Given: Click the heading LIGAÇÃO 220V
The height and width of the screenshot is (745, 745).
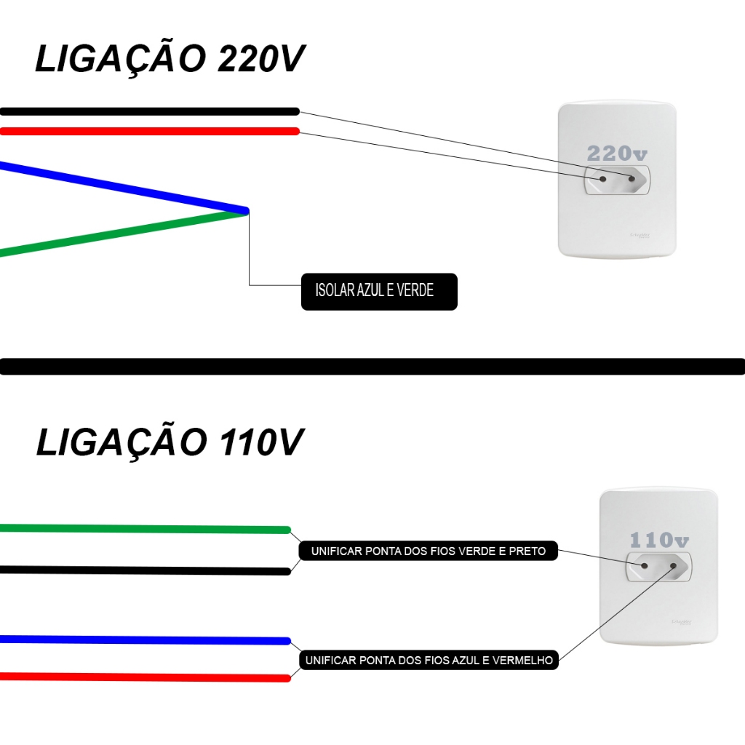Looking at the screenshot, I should tap(169, 60).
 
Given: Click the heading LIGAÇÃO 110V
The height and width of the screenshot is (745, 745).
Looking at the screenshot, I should tap(169, 442).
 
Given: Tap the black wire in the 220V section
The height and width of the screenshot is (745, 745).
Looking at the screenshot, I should tap(146, 111).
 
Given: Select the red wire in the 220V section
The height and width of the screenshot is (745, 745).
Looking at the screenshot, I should tap(146, 131).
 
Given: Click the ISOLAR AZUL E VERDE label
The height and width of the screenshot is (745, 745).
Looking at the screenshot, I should tap(378, 291).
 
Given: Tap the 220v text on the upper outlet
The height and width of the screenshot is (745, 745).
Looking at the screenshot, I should tap(617, 154).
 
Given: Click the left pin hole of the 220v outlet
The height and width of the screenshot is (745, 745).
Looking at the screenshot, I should tap(602, 179).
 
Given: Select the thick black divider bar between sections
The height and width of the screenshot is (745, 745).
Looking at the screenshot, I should tap(372, 366).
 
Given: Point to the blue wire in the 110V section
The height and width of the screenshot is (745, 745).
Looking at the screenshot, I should tap(146, 640).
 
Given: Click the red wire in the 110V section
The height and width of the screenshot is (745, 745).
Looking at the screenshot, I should tap(146, 677).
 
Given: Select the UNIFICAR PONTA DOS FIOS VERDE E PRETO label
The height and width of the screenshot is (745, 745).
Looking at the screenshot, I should tap(428, 551).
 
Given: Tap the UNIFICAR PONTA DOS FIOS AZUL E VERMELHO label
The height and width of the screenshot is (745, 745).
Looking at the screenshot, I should tap(429, 661).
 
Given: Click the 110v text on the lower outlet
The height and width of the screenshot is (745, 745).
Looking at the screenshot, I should tap(659, 541).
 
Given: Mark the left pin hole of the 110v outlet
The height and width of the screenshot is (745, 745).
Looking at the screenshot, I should tap(644, 565).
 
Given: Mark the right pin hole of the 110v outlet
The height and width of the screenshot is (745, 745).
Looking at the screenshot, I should tap(675, 565).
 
